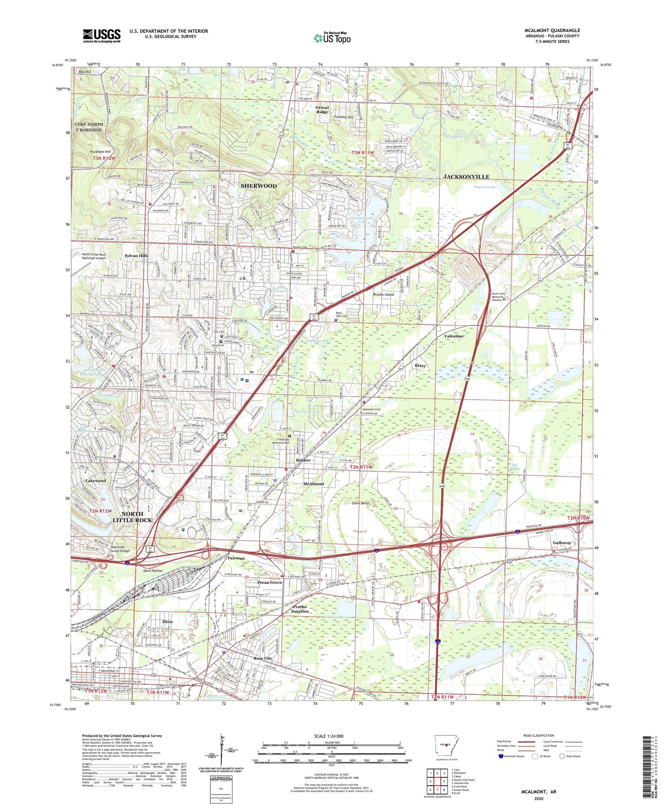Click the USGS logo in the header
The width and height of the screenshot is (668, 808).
pos(102,36)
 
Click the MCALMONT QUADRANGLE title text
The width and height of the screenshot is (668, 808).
pos(552,30)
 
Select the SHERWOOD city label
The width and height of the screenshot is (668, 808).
pos(259,186)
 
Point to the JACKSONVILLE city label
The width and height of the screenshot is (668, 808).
pos(466,177)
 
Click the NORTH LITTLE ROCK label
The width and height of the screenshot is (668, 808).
pos(132,517)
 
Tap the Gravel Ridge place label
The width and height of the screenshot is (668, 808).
pos(322,110)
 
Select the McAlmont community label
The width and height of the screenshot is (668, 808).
pos(314,484)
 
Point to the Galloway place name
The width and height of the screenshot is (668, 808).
pos(562,543)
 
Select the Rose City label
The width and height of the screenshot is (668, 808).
pos(263,658)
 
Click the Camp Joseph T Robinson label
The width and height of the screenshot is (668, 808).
pos(89,127)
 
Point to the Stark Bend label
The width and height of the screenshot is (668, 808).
pos(361,503)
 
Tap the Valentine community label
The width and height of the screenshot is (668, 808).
pos(454,336)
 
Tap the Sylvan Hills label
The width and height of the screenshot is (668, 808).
pos(136,256)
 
